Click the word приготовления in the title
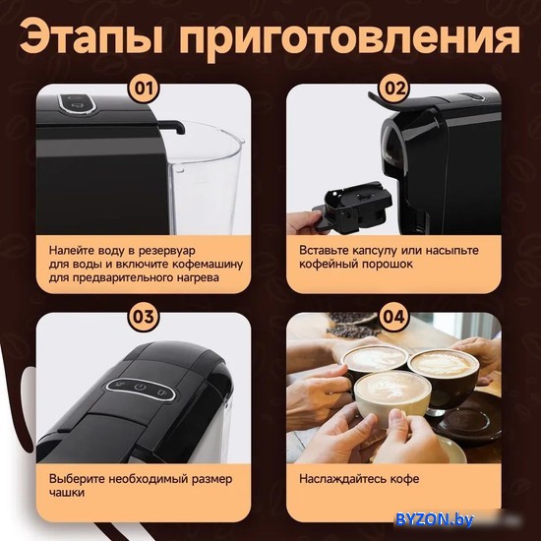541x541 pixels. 349,38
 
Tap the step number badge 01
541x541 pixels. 144,88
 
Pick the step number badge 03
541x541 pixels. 144,317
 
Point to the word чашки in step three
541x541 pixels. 67,493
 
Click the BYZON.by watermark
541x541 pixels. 435,519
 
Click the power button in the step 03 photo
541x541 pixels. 140,387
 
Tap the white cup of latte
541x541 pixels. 392,399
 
